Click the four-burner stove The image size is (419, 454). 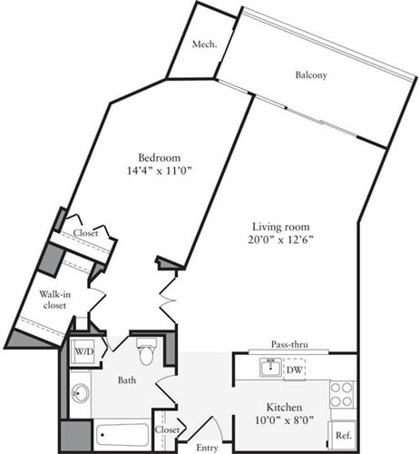point(342,394)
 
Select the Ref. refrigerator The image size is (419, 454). point(342,434)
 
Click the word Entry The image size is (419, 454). point(208,448)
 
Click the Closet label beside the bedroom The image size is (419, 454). point(85,233)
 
